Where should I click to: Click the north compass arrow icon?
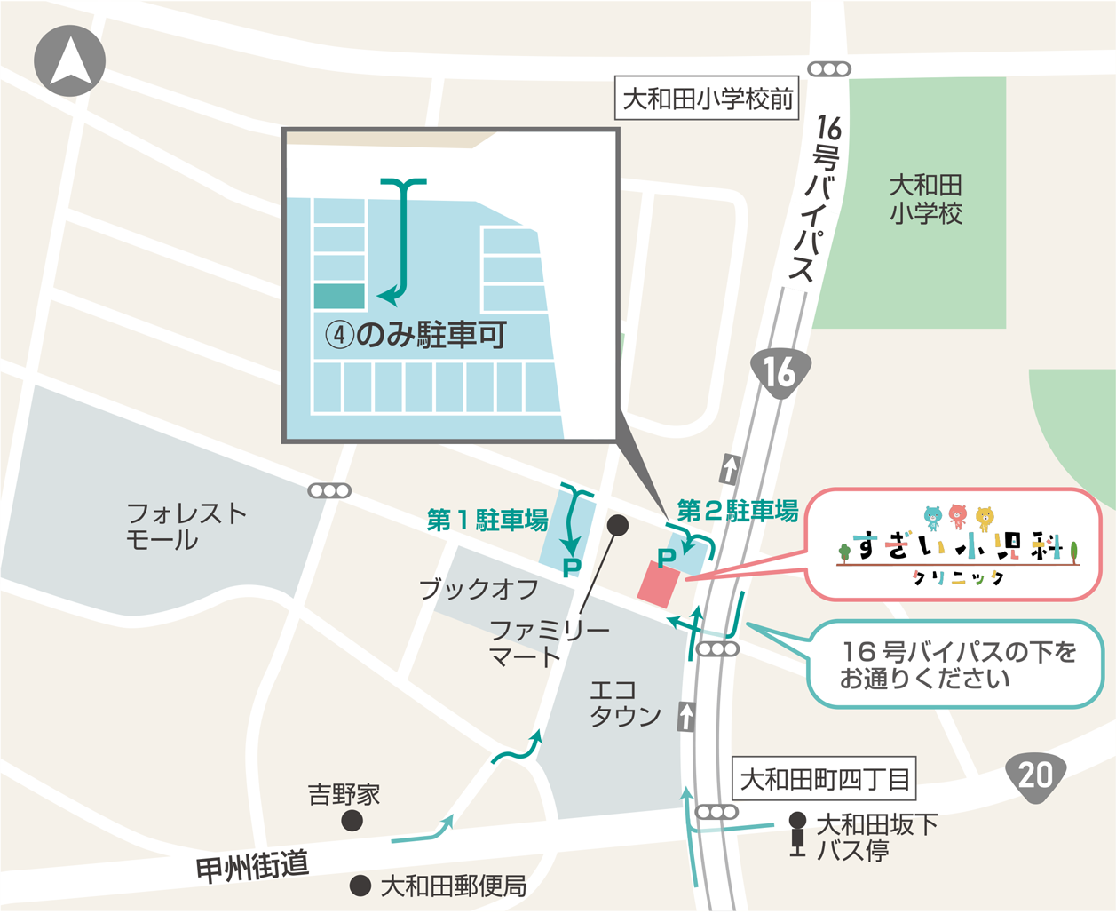[69, 60]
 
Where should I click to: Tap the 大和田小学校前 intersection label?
[708, 99]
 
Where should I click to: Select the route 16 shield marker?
[780, 374]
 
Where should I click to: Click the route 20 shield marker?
[1035, 775]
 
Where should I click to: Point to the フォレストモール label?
[186, 526]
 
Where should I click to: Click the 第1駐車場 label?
[487, 521]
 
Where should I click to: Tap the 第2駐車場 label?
[737, 511]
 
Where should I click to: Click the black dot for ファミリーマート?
[618, 525]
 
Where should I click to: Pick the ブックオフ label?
[479, 589]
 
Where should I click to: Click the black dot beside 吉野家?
[352, 821]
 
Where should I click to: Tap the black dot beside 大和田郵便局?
[360, 886]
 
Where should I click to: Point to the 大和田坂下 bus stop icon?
[797, 834]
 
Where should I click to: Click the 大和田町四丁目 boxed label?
[825, 780]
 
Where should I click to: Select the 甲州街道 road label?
[252, 865]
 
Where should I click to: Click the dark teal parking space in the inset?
[339, 296]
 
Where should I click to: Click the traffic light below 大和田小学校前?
[829, 69]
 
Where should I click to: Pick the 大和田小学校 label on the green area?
[926, 199]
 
